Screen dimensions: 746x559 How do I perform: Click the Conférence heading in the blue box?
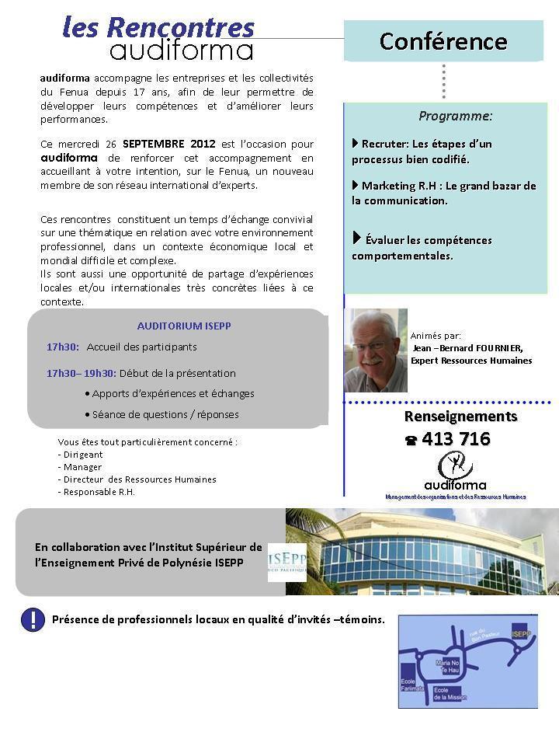pos(443,41)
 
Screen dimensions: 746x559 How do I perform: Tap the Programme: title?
pos(455,116)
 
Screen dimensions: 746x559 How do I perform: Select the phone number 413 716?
pos(456,439)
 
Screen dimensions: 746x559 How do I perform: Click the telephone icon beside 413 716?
pos(411,441)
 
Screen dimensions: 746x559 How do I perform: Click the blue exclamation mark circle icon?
pos(33,619)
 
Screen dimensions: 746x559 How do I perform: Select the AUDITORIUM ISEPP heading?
pos(184,326)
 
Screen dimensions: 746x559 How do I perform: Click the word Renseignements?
pos(460,417)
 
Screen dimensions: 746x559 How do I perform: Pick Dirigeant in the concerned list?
pos(82,455)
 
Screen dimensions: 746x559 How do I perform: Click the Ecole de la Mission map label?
pos(450,694)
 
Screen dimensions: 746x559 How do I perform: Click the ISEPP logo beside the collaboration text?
pos(286,562)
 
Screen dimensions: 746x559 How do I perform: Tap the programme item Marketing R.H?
pos(444,193)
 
